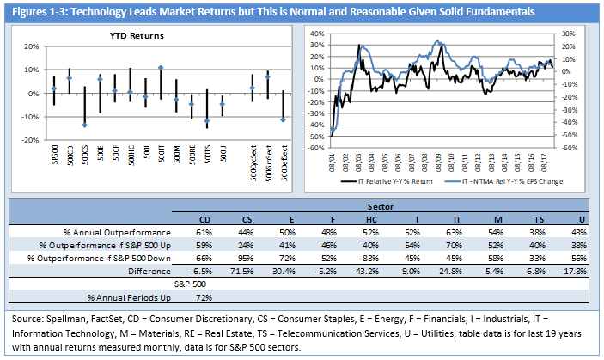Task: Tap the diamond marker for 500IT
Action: (161, 68)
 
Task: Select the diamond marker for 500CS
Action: (84, 125)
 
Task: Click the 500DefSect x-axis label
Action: (284, 161)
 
